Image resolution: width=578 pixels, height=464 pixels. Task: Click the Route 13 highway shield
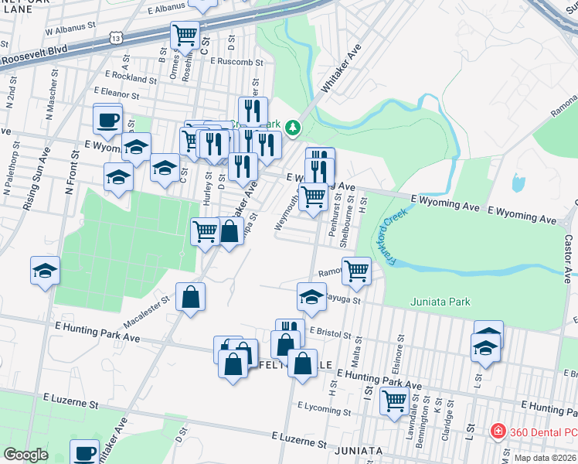(x=116, y=37)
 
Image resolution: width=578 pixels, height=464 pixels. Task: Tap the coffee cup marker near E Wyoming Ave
(x=107, y=120)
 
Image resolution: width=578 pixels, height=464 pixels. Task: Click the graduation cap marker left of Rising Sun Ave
(x=46, y=271)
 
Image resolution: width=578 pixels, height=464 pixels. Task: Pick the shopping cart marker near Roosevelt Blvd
(x=185, y=35)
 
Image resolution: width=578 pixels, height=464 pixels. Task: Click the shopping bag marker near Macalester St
(x=190, y=296)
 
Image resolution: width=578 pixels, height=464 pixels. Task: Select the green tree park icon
(x=292, y=128)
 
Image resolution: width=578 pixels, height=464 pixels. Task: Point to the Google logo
(x=25, y=455)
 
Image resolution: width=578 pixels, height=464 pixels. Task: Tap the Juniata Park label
(x=440, y=302)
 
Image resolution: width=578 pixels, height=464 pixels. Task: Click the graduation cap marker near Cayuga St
(x=311, y=296)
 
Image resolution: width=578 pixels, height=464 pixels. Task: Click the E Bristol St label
(x=330, y=333)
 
